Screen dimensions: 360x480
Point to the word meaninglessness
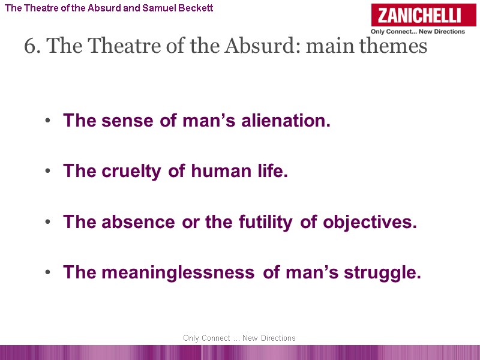pos(178,273)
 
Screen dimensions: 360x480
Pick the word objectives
pos(370,222)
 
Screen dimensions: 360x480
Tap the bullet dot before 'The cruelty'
pos(47,172)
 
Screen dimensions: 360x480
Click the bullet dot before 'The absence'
pos(47,223)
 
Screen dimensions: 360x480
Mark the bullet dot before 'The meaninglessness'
pos(47,274)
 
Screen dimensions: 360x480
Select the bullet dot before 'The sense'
pos(47,121)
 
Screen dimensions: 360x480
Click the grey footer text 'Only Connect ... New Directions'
pos(239,338)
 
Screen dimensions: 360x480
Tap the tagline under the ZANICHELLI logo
pos(418,32)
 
